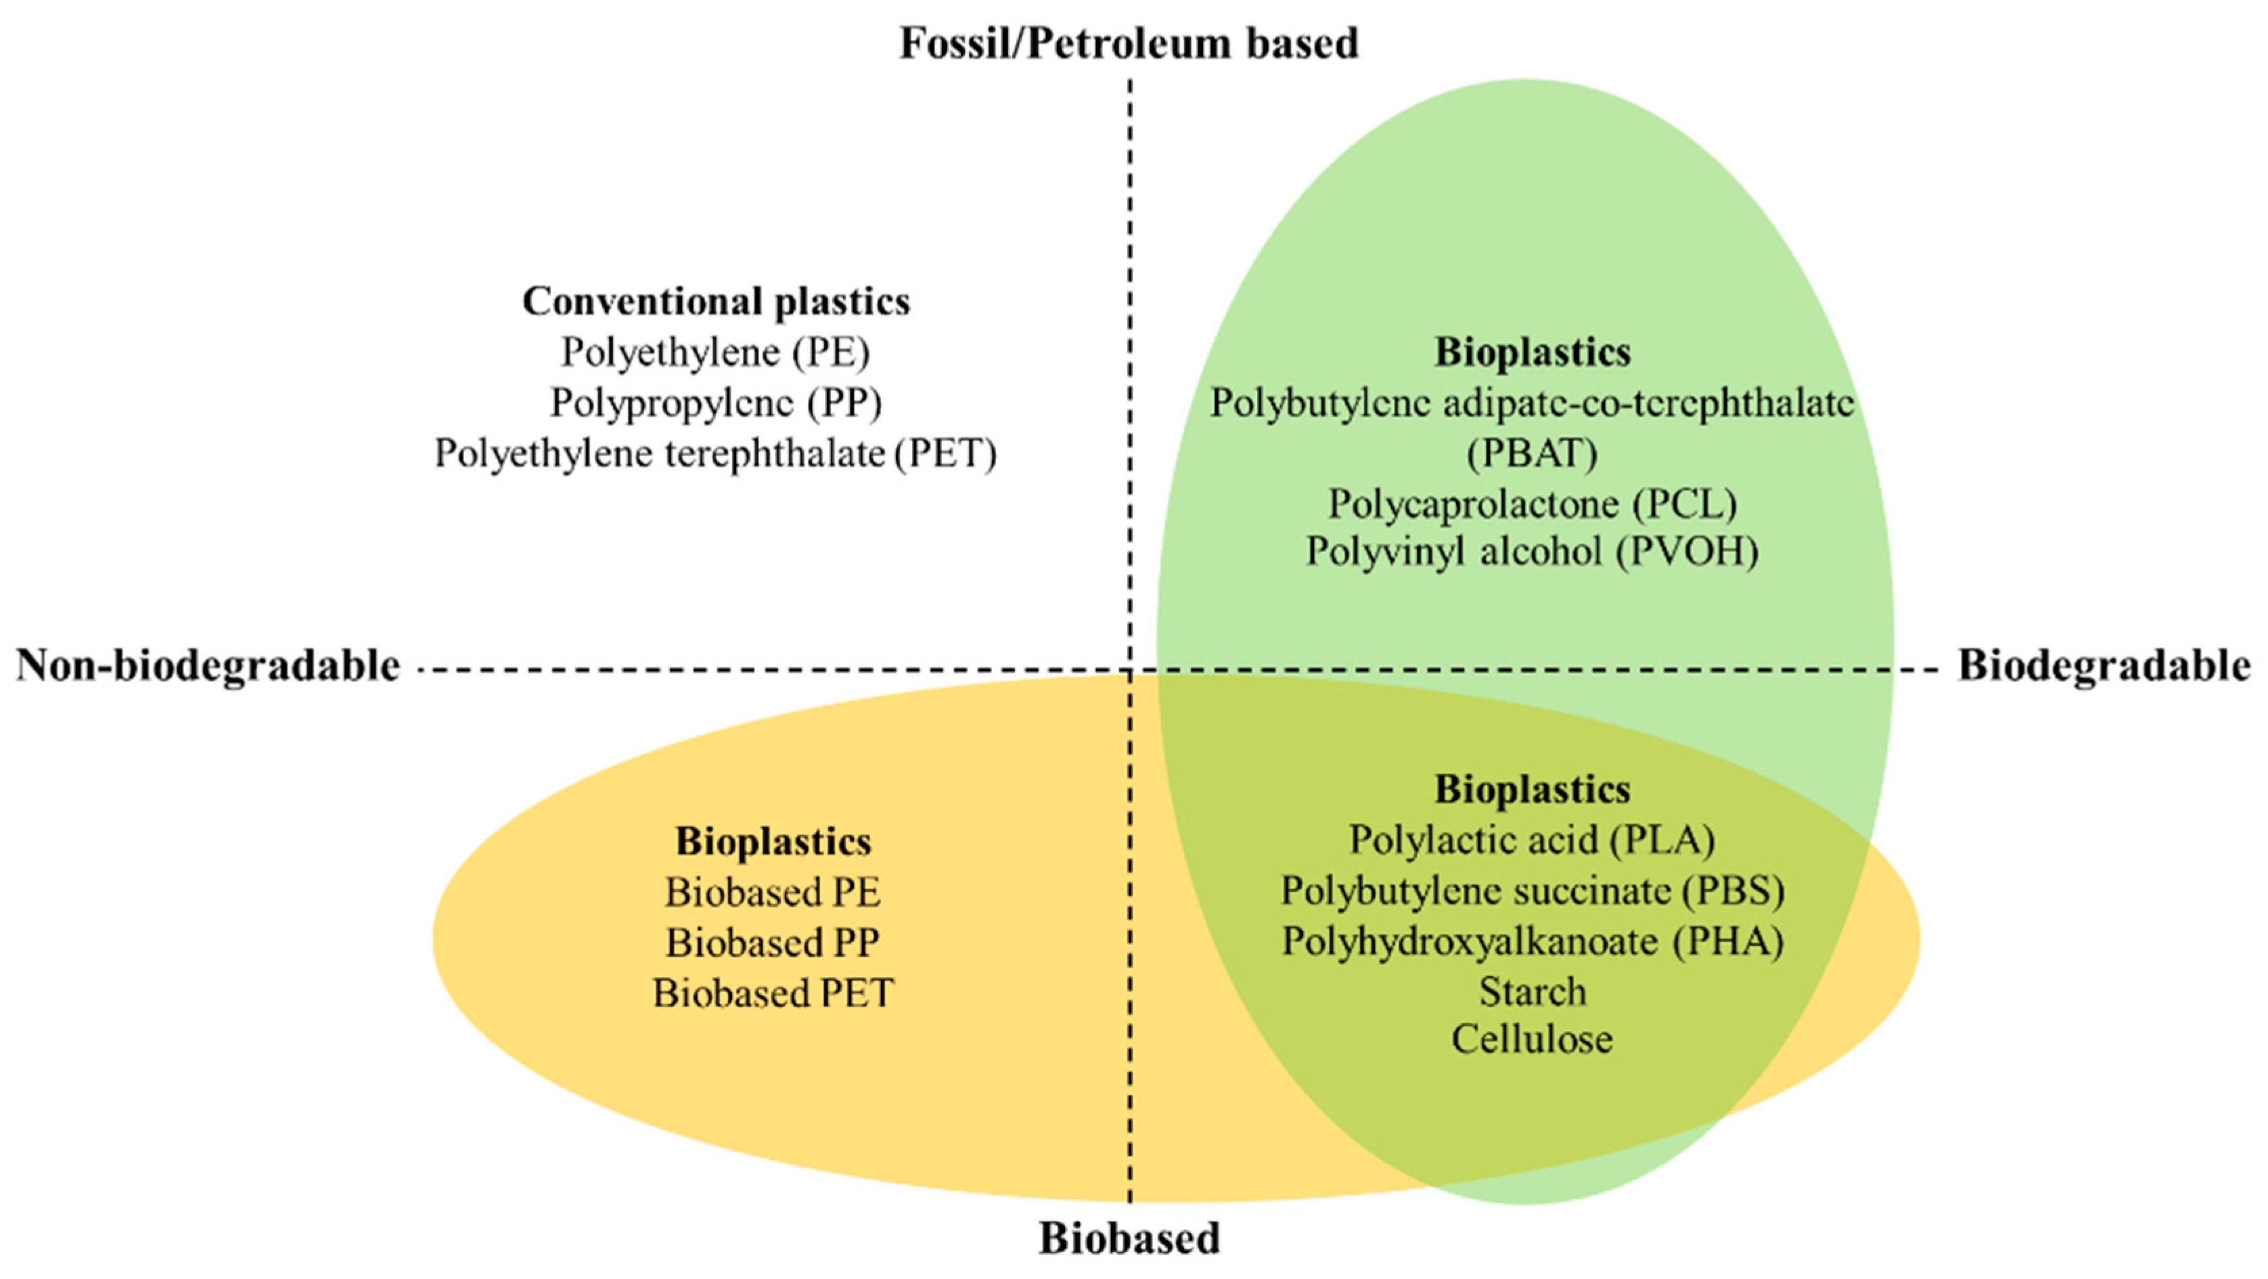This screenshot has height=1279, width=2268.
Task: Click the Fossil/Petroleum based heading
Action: pos(1129,43)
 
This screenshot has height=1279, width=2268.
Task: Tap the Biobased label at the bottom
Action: pos(1129,1238)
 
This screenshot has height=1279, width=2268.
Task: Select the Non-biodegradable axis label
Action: pos(208,666)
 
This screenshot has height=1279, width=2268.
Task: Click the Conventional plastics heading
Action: pos(716,301)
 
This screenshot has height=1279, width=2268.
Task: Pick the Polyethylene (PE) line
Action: pos(716,353)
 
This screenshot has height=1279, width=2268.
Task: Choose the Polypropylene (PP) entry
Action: pos(716,403)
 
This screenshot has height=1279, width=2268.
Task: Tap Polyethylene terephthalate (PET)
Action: pos(716,453)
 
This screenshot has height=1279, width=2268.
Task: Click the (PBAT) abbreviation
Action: pos(1532,453)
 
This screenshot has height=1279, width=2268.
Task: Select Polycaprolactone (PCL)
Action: pos(1532,504)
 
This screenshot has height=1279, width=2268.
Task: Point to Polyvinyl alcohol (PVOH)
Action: pos(1532,552)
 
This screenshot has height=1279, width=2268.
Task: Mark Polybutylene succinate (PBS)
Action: pos(1532,891)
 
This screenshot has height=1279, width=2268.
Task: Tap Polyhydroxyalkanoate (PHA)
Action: pos(1532,941)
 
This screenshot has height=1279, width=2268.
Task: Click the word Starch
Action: pos(1532,992)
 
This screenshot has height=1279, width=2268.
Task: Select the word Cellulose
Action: pos(1532,1039)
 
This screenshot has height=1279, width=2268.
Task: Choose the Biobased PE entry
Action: pos(772,893)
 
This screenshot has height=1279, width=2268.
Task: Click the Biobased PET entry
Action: pos(772,993)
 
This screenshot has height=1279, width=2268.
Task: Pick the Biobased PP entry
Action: pos(772,943)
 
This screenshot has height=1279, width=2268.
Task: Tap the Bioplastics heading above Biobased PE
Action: pos(772,842)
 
